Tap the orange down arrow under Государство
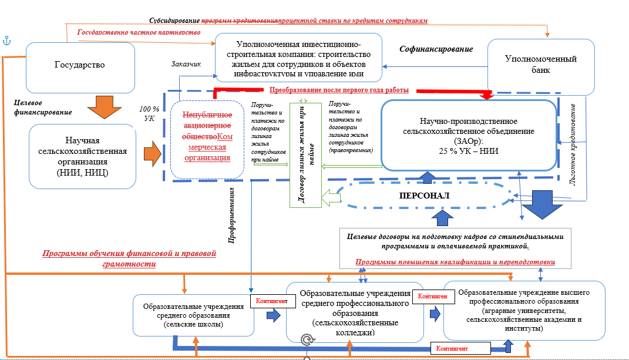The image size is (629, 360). (100, 108)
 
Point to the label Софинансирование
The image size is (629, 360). (436, 49)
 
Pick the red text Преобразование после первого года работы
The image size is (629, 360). (339, 90)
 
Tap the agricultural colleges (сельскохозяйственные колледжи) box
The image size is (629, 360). (354, 311)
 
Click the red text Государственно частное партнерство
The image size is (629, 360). (139, 32)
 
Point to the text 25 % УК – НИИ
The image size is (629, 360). (468, 150)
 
